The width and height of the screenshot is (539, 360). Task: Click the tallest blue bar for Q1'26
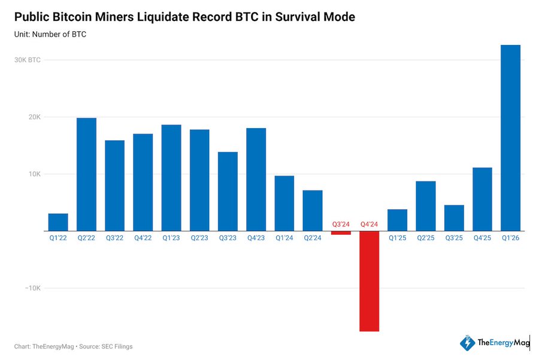510,138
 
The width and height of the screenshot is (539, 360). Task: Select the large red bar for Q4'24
369,281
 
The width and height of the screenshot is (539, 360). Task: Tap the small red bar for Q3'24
341,233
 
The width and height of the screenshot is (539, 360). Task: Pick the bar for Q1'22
58,222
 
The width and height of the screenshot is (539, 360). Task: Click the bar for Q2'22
86,174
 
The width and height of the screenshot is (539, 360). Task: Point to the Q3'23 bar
228,191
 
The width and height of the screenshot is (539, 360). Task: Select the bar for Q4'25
482,199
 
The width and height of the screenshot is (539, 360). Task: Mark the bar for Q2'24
313,210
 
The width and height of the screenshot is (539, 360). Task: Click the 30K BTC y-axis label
28,60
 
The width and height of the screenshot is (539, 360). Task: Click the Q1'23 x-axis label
171,238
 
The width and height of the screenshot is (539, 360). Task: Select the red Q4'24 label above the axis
369,224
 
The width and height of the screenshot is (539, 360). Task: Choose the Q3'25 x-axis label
454,238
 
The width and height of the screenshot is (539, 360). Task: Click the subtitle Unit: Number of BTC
50,34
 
